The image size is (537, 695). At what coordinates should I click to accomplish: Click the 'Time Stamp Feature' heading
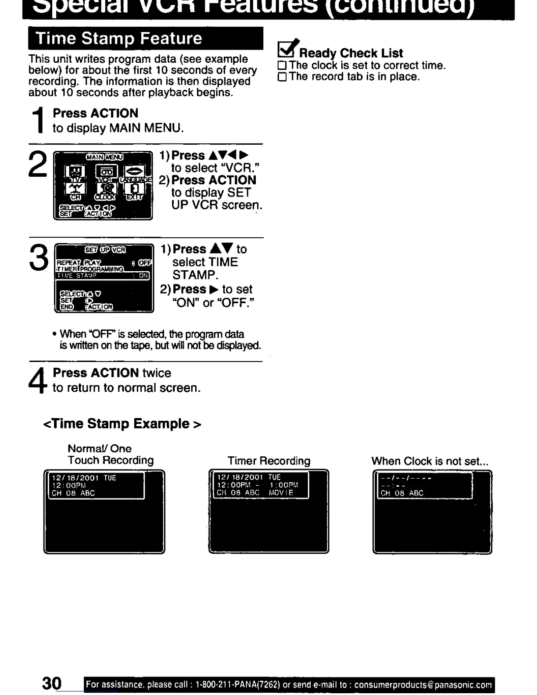click(x=119, y=39)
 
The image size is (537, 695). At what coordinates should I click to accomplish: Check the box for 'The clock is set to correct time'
click(x=282, y=66)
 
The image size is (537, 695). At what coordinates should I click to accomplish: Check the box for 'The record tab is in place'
click(x=282, y=77)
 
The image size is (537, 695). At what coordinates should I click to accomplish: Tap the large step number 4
click(x=38, y=380)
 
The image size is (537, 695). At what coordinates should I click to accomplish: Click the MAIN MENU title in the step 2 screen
click(x=104, y=157)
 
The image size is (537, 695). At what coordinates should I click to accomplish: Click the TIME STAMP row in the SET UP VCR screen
click(x=103, y=276)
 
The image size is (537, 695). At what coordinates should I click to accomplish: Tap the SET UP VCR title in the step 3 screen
click(x=105, y=250)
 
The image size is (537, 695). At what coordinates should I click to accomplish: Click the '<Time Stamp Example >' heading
click(x=122, y=424)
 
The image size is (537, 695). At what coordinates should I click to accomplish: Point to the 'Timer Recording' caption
click(x=268, y=461)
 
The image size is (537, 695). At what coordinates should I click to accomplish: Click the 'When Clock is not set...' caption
click(x=430, y=461)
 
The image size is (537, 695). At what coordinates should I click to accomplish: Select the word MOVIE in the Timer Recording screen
click(x=281, y=493)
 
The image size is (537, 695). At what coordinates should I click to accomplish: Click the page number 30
click(x=52, y=683)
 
